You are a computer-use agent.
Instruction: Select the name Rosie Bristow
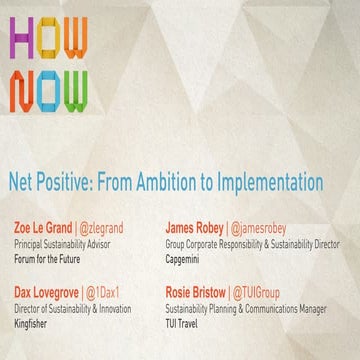tap(197, 293)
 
